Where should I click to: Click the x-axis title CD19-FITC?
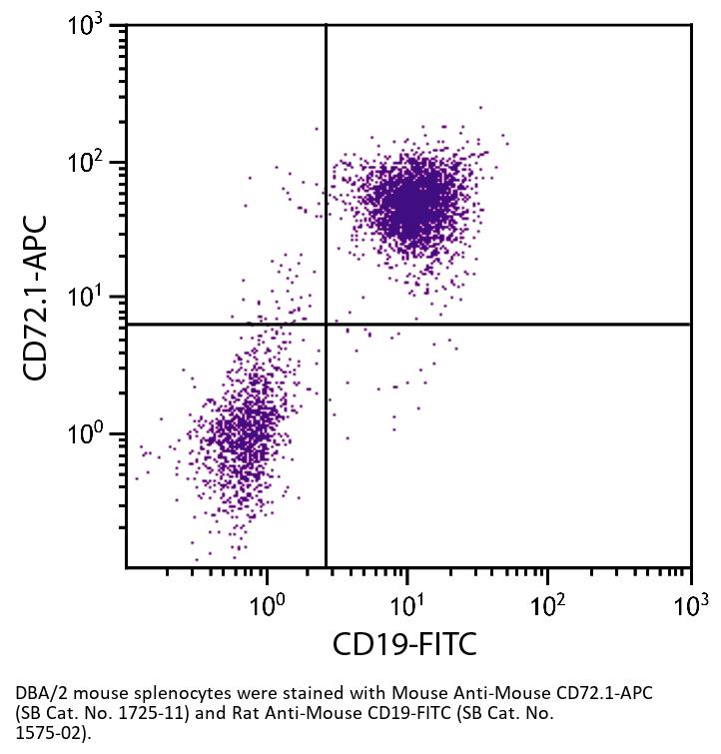(404, 644)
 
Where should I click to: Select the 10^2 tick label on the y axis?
(91, 163)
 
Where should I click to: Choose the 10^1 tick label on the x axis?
(406, 603)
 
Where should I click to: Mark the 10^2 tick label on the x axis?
(548, 603)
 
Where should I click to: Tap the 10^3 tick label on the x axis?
(689, 603)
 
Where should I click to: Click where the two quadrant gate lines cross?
(327, 324)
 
